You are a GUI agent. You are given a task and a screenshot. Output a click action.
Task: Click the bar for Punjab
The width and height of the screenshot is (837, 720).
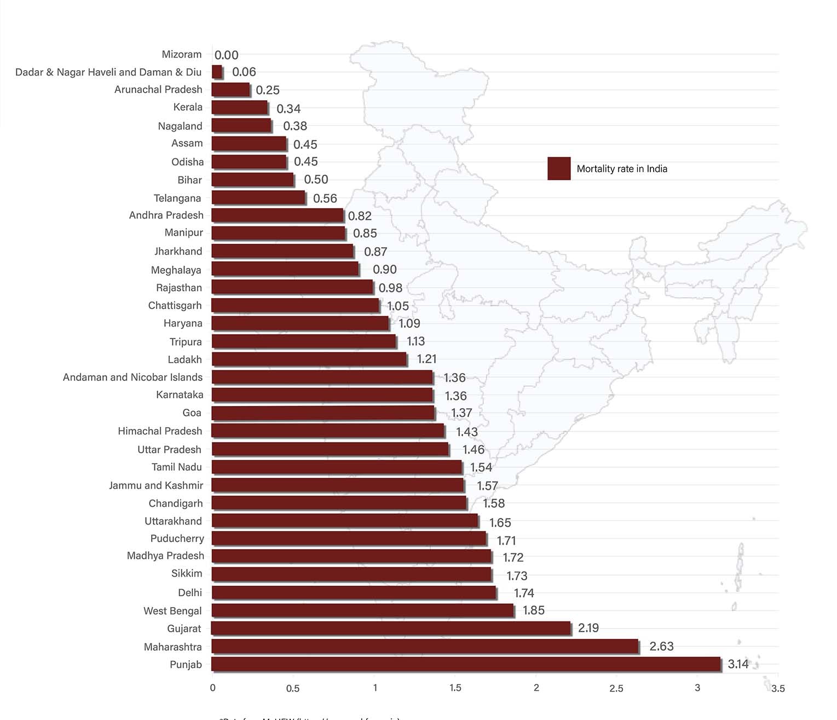click(x=465, y=664)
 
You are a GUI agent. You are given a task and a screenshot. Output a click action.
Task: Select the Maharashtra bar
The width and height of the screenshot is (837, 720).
click(x=425, y=647)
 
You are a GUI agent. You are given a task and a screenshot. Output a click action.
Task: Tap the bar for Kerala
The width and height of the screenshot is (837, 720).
click(x=239, y=107)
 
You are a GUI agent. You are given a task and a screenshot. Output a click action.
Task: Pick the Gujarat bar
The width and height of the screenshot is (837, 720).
click(x=391, y=628)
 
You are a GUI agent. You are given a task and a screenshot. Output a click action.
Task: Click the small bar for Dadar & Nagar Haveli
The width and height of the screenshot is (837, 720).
click(x=217, y=72)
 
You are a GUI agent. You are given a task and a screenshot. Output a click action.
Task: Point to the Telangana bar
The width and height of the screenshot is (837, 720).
click(x=258, y=198)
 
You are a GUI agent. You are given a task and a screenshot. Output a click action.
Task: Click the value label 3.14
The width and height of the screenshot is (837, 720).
click(x=738, y=664)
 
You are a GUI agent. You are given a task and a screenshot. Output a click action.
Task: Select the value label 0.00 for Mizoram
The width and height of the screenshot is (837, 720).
click(x=226, y=55)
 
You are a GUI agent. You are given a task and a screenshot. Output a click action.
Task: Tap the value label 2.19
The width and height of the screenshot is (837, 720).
click(x=588, y=628)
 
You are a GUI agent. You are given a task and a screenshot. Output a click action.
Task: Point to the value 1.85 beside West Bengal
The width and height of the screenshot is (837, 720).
click(x=534, y=610)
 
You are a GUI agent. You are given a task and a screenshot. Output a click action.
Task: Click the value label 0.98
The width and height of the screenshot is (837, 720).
click(x=390, y=288)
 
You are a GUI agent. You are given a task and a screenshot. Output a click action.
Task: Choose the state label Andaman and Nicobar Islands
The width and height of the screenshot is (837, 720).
click(x=132, y=377)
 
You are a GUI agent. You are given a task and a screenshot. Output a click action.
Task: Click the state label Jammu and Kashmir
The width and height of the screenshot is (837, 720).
click(x=156, y=485)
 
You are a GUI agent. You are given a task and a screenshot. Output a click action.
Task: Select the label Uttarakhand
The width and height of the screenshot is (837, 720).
click(x=173, y=521)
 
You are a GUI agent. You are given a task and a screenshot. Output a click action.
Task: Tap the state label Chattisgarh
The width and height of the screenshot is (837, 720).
click(x=175, y=305)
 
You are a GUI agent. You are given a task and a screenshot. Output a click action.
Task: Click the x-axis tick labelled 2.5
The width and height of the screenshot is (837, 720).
click(x=616, y=688)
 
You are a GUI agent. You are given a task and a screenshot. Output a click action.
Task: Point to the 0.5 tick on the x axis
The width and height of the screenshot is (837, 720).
click(x=293, y=688)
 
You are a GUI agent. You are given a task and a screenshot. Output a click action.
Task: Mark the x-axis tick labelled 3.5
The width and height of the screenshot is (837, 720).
click(x=778, y=688)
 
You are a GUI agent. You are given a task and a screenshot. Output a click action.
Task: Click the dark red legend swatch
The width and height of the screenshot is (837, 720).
click(x=559, y=169)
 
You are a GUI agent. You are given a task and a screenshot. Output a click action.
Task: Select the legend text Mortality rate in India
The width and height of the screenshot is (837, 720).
click(x=622, y=169)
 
